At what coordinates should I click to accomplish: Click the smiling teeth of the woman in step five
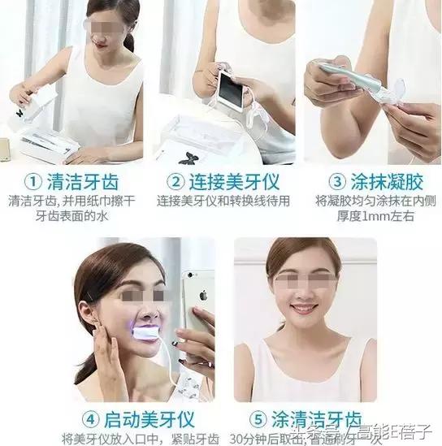[304, 310]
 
